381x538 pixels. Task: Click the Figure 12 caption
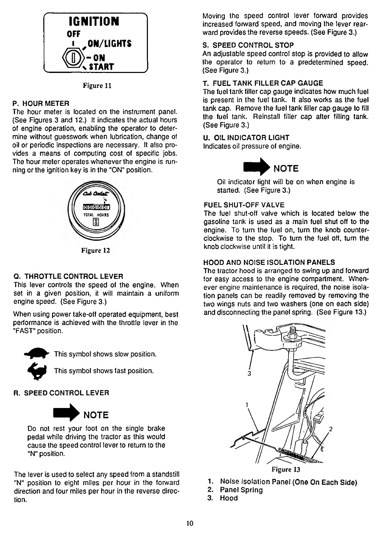(x=96, y=250)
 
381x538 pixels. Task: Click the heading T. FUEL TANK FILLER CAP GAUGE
(x=263, y=83)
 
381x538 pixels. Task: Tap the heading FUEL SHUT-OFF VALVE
(x=244, y=205)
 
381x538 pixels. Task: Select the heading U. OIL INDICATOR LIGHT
(x=246, y=138)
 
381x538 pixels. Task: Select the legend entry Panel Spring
(x=241, y=490)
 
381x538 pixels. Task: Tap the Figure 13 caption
(x=285, y=469)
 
